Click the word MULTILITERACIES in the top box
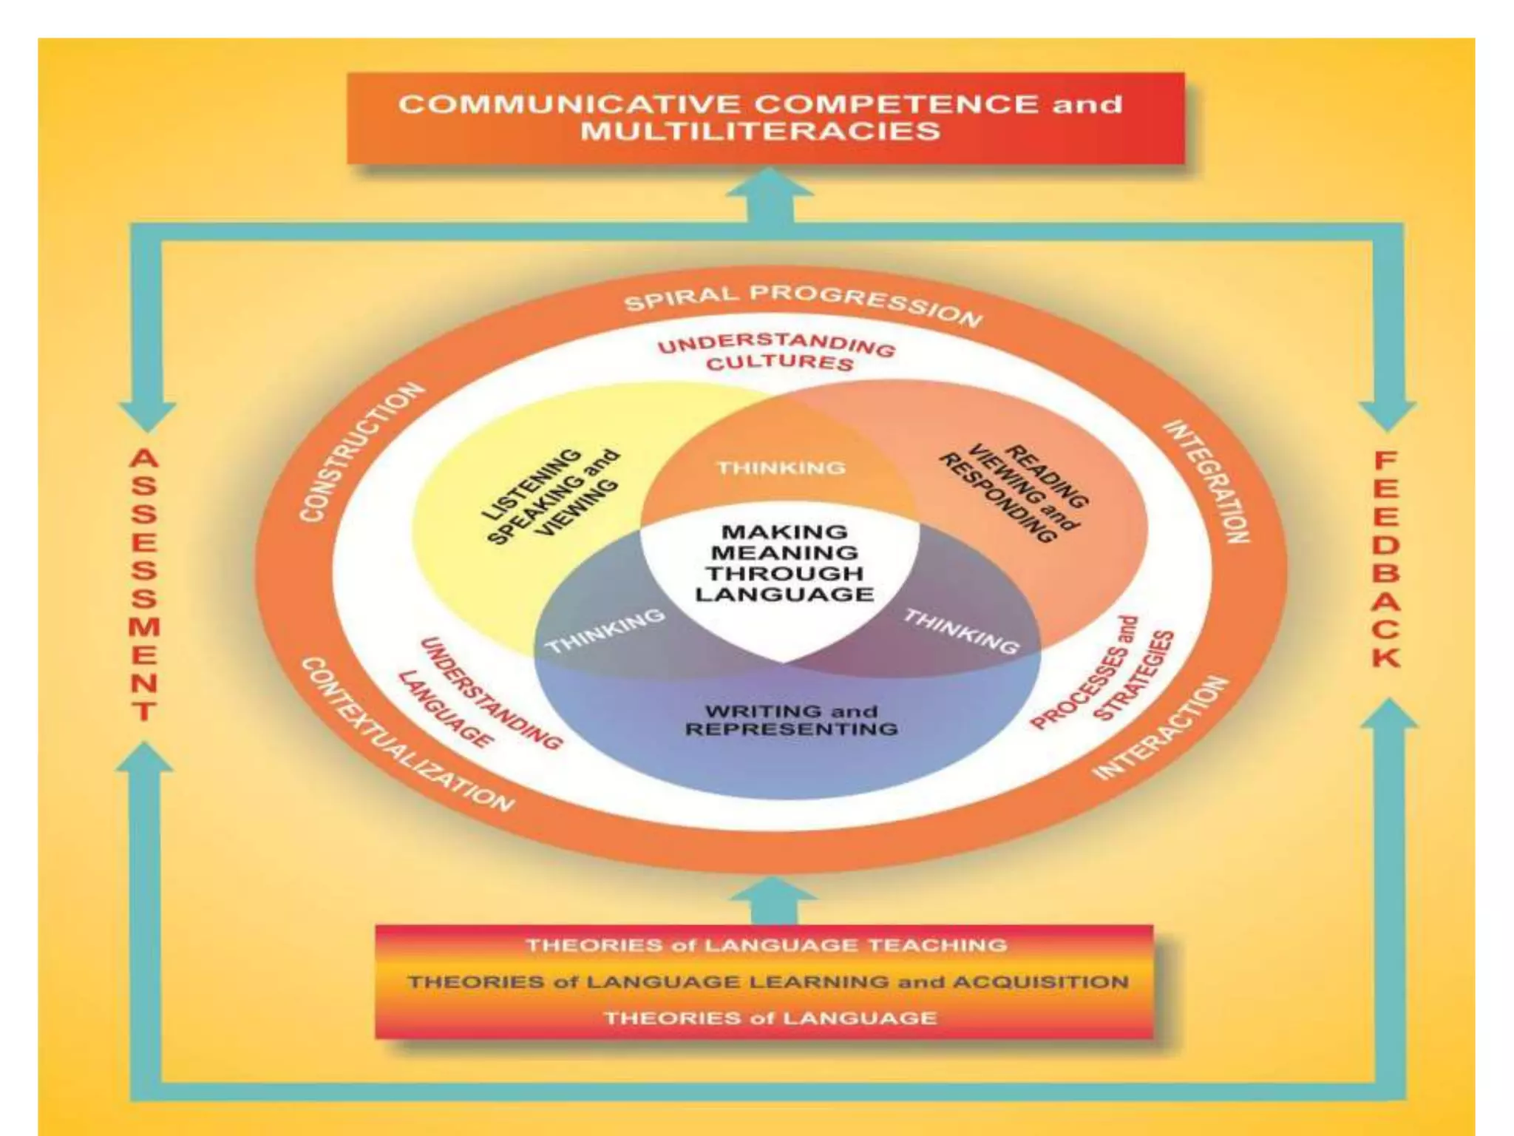[760, 132]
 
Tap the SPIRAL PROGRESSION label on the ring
[803, 303]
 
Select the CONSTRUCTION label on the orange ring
[361, 452]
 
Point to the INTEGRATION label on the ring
[1207, 481]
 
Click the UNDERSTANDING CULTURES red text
[777, 352]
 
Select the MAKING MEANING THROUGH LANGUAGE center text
[784, 563]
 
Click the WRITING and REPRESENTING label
[791, 720]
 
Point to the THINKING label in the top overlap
[781, 467]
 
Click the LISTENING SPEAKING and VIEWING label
[551, 496]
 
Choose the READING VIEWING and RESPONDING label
[1014, 492]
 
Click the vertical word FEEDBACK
[1386, 559]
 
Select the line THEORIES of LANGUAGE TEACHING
[766, 945]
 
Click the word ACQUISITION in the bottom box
[1040, 982]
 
